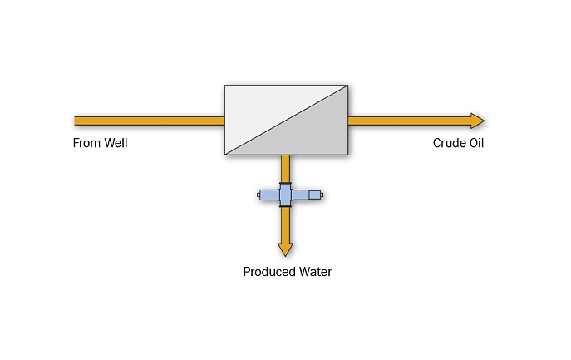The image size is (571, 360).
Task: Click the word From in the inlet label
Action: click(x=86, y=143)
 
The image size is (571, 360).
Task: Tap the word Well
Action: click(x=116, y=143)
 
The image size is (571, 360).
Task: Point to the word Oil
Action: click(x=477, y=143)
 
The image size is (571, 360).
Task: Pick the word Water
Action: click(x=315, y=272)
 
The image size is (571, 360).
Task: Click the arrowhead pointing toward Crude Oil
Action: click(x=477, y=121)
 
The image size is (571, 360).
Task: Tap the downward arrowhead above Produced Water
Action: click(x=286, y=249)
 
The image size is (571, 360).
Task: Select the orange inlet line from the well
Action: click(x=150, y=121)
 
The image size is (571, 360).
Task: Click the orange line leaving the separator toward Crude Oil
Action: click(x=409, y=121)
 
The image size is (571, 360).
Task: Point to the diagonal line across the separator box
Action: click(x=286, y=121)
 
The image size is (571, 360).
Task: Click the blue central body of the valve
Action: click(x=286, y=195)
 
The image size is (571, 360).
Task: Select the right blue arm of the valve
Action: click(x=305, y=195)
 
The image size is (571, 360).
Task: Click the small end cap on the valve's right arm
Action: click(x=322, y=195)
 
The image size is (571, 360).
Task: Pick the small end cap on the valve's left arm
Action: click(x=258, y=195)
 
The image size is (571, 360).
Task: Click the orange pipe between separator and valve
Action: click(x=286, y=169)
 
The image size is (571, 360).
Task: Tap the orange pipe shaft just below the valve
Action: click(x=286, y=224)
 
